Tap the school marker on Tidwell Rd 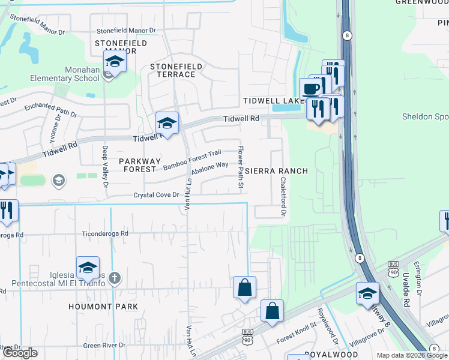coord(167,123)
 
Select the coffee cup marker coord(310,89)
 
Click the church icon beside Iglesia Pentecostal coord(115,278)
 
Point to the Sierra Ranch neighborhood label coord(276,171)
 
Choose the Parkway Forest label coord(140,165)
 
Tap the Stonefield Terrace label coord(173,70)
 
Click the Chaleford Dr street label coord(282,197)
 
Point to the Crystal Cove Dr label coord(156,196)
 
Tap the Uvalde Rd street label coord(405,291)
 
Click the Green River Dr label coord(104,346)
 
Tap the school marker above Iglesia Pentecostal coord(88,267)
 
